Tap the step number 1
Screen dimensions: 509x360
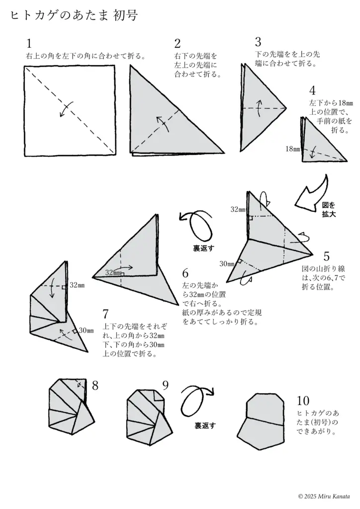point(29,43)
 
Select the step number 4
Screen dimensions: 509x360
point(312,91)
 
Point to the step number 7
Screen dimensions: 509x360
point(105,314)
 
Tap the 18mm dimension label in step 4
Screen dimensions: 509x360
point(293,149)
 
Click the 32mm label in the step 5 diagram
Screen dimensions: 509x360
point(238,209)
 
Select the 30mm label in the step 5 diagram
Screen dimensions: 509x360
point(227,263)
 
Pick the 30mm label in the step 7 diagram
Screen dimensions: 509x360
point(86,331)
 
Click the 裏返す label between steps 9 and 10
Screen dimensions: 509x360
point(204,425)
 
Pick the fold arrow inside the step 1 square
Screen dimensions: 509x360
point(65,109)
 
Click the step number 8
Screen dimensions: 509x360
point(95,385)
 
